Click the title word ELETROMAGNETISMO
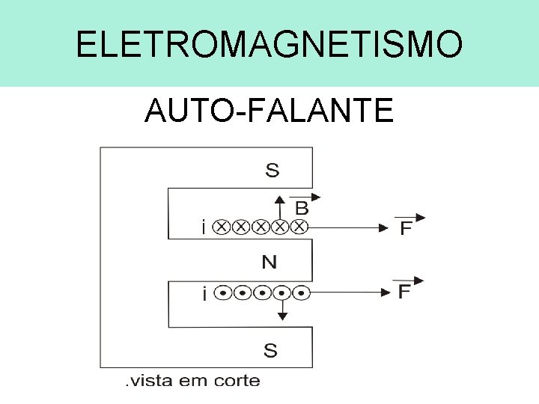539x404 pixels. click(269, 45)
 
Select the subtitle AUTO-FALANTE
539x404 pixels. click(269, 111)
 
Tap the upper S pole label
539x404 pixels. click(272, 171)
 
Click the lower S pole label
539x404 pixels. click(270, 350)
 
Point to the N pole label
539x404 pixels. click(270, 262)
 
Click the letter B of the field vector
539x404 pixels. click(301, 207)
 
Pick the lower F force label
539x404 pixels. click(404, 292)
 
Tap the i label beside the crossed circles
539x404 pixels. click(204, 227)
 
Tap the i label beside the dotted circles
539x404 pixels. click(204, 293)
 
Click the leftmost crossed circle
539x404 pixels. click(222, 226)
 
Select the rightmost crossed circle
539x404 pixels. click(299, 226)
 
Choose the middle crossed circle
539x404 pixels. click(261, 226)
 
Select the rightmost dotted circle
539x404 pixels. click(301, 293)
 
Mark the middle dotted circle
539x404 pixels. click(262, 293)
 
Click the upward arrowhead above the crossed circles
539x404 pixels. click(280, 199)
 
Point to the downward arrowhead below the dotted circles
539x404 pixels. click(282, 316)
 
